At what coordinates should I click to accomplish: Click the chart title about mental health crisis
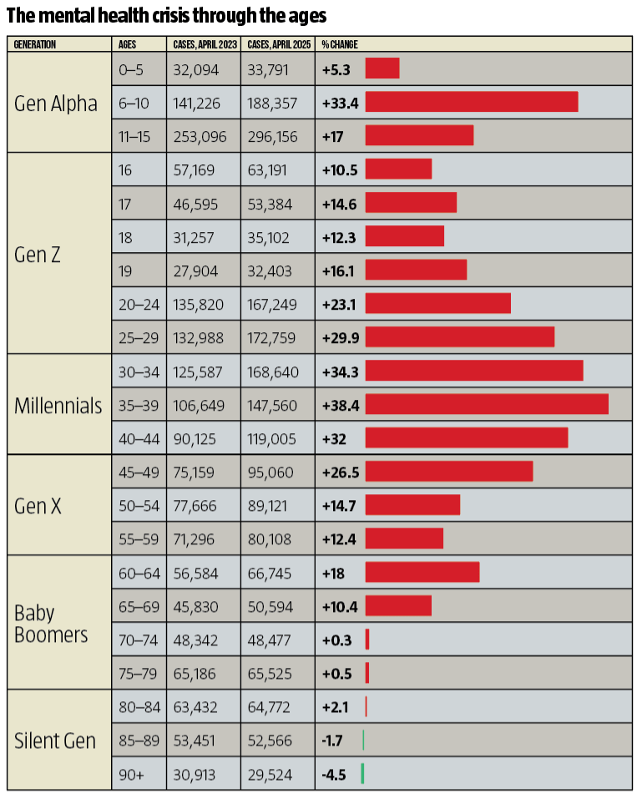pos(166,15)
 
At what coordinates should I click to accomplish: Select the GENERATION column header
pos(35,44)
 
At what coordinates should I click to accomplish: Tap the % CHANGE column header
pos(339,44)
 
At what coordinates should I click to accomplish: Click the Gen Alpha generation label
pos(56,104)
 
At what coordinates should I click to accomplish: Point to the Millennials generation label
pos(58,406)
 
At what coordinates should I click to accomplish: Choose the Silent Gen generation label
pos(55,741)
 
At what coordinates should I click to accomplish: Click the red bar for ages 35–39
pos(487,404)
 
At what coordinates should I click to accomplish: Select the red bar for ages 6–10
pos(472,101)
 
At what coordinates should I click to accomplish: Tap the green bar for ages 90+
pos(362,773)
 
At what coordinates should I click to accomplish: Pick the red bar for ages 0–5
pos(382,68)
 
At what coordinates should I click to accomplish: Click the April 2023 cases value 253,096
pos(200,137)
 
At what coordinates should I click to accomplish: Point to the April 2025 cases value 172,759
pos(271,338)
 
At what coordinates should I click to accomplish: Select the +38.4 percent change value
pos(341,406)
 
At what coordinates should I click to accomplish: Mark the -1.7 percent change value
pos(332,741)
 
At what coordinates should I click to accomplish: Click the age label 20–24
pos(139,305)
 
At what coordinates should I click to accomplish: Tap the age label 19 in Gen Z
pos(125,271)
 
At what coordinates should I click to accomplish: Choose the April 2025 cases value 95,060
pos(270,473)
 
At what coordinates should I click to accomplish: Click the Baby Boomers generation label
pos(51,624)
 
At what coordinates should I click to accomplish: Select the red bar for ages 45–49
pos(449,472)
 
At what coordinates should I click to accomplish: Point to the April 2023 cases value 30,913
pos(195,775)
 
